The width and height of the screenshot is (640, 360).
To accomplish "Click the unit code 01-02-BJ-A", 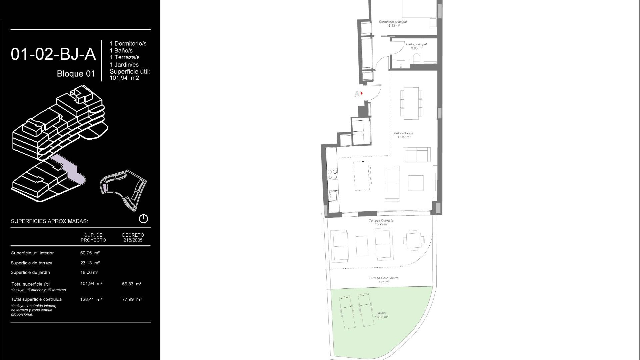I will [53, 54].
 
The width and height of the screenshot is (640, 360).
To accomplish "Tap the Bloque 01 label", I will [76, 74].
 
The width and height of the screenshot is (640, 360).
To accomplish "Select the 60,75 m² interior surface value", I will [90, 253].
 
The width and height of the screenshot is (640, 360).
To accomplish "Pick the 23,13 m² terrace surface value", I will [90, 263].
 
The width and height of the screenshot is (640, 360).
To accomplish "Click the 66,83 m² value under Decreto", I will [132, 284].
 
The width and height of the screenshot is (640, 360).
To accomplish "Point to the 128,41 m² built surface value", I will [91, 299].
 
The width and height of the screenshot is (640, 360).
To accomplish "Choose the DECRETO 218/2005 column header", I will [133, 237].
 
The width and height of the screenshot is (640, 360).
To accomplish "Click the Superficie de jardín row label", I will [30, 272].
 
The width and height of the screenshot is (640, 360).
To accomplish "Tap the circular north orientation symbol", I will [143, 219].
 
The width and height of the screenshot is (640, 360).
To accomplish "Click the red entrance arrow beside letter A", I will [362, 93].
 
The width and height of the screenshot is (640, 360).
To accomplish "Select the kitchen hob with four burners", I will [332, 174].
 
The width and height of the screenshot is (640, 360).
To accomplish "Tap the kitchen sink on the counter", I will [333, 196].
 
